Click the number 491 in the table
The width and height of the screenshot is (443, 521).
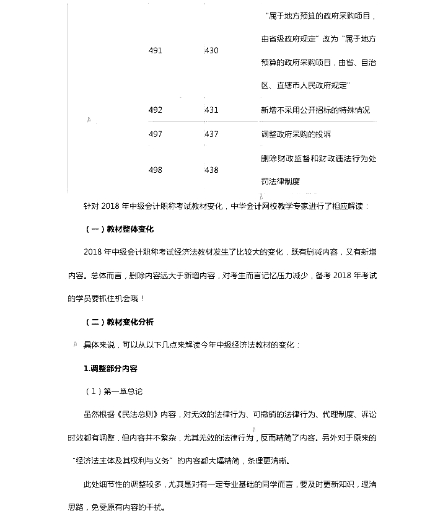point(156,51)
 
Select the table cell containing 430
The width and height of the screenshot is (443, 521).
point(211,51)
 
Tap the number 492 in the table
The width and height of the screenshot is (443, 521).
point(156,110)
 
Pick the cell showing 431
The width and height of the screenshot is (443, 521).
point(211,110)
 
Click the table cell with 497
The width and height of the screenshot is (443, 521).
point(156,134)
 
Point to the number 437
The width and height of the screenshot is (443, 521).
point(211,134)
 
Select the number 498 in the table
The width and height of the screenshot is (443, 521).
point(156,170)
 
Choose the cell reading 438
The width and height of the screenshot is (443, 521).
point(211,170)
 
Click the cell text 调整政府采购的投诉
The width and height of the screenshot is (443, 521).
point(296,134)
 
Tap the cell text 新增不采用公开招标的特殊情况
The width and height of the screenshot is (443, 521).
point(316,110)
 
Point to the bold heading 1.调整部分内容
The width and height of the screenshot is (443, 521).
point(111,368)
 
